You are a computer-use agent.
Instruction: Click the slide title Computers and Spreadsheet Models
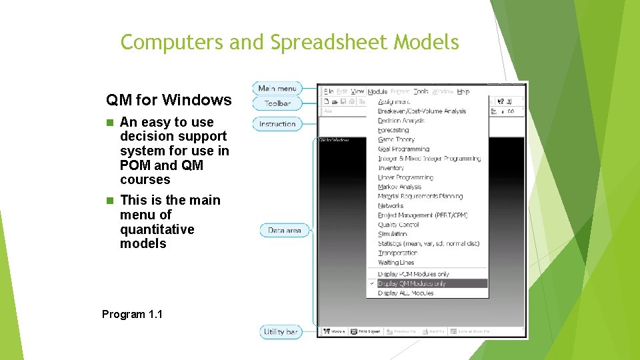pos(289,42)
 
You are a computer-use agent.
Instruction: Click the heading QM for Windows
pos(169,100)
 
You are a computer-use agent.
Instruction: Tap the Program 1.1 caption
pos(132,314)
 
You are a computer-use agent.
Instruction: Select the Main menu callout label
pos(277,89)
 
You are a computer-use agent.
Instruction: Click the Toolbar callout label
pos(277,103)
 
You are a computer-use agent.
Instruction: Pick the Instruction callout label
pos(277,124)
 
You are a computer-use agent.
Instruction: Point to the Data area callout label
pos(284,231)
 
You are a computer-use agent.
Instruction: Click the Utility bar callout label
pos(280,331)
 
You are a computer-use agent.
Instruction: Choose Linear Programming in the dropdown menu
pos(405,177)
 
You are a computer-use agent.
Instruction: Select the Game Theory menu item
pos(396,140)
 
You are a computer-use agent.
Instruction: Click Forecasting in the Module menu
pos(393,131)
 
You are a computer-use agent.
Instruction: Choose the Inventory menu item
pos(391,168)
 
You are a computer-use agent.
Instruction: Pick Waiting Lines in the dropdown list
pos(396,263)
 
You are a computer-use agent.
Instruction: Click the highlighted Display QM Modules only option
pos(411,283)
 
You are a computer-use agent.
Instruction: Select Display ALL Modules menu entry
pos(405,293)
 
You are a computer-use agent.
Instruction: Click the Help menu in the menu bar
pos(463,91)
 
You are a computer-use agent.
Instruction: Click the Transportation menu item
pos(397,253)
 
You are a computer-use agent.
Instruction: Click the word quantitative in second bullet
pos(157,229)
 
